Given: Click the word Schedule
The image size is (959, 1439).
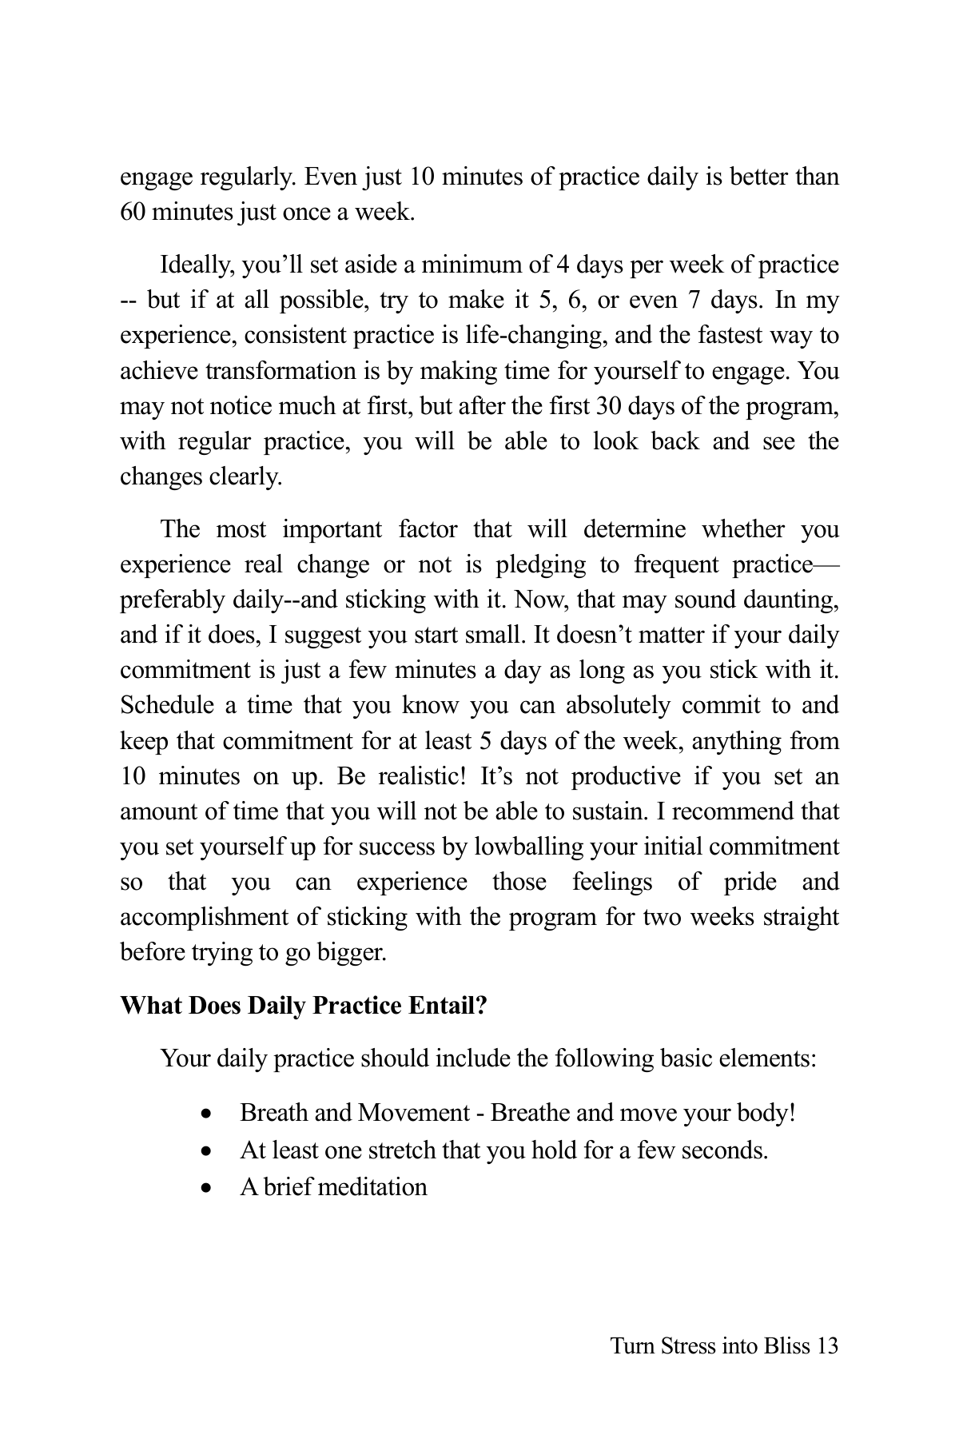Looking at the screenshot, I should [167, 705].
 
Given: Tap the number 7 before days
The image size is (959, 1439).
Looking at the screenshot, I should [694, 301].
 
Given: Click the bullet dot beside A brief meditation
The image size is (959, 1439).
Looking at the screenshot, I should [208, 1188].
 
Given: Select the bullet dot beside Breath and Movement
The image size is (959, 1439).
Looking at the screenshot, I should [208, 1114].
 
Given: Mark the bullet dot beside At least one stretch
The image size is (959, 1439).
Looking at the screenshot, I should [208, 1152].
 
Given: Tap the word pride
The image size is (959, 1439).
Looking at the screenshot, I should [750, 882].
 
